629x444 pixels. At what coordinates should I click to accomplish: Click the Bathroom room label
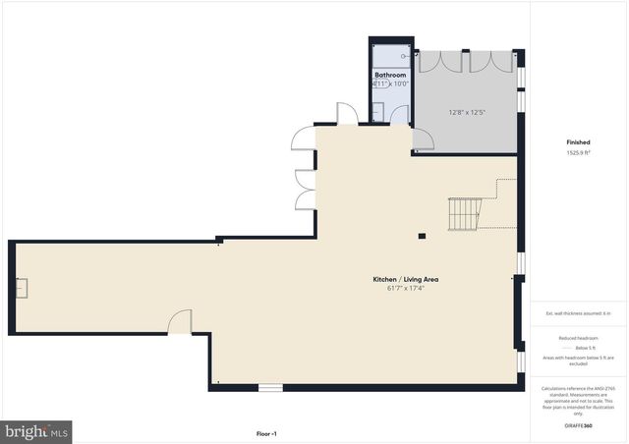click(390, 74)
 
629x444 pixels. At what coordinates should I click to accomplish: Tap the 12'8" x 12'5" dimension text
click(468, 112)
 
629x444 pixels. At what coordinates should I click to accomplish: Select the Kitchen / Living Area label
click(405, 280)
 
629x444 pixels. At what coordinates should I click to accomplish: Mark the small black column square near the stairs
click(422, 236)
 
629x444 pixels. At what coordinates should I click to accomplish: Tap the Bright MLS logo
click(36, 430)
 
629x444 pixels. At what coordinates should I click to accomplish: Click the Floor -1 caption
click(266, 433)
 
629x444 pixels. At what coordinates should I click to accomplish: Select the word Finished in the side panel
click(578, 142)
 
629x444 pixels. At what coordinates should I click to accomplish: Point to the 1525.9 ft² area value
click(578, 152)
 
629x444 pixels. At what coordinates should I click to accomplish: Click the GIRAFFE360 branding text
click(578, 426)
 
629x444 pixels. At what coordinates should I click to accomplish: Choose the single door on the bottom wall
click(180, 321)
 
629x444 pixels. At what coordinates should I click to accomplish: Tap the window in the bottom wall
click(270, 387)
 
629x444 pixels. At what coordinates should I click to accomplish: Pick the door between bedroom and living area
click(424, 142)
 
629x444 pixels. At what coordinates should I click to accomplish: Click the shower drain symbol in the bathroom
click(391, 55)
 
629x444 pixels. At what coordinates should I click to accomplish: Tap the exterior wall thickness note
click(578, 313)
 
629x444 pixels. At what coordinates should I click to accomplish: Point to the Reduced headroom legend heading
click(578, 338)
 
